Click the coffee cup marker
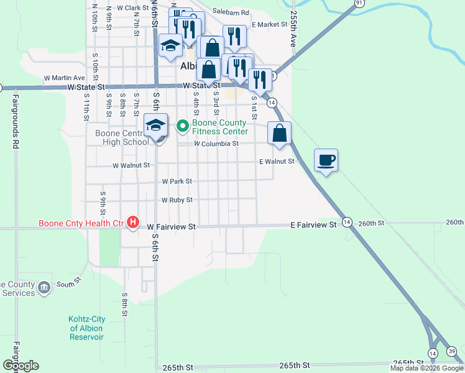326,161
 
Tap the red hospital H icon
132,222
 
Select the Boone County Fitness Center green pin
182,126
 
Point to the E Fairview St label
313,224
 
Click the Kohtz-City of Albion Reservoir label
86,328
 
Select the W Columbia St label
216,144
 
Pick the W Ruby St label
177,200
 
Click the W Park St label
177,182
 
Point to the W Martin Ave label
64,78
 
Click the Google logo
21,366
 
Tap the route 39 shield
451,352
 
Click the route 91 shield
359,3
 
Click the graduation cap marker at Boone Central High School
156,126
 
